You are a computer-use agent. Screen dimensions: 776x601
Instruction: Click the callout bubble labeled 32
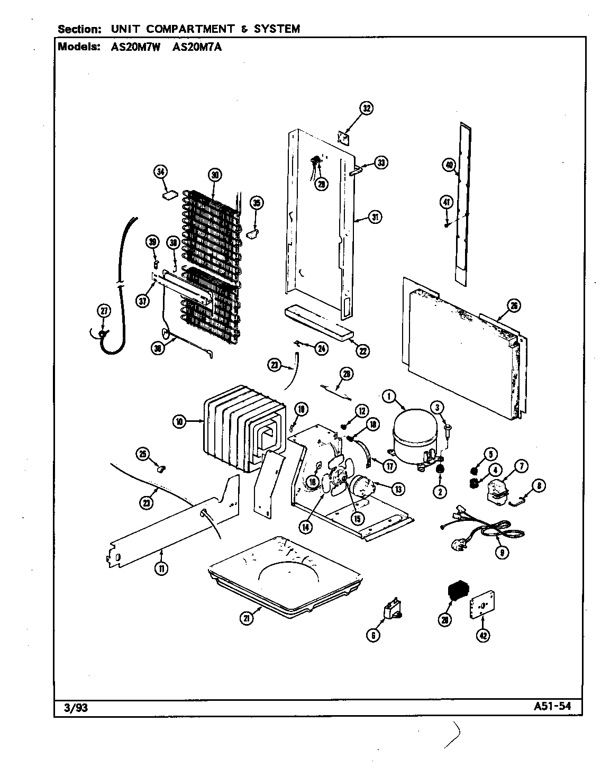(366, 109)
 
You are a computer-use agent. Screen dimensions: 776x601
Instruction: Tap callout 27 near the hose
(104, 311)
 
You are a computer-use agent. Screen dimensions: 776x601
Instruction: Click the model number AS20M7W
(131, 46)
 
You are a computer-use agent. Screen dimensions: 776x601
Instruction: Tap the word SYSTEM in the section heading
(277, 29)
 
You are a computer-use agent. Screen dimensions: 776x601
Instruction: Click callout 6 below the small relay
(373, 635)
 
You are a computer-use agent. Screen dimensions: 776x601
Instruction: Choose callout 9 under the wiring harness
(501, 552)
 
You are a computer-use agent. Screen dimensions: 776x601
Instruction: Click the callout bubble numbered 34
(160, 171)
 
